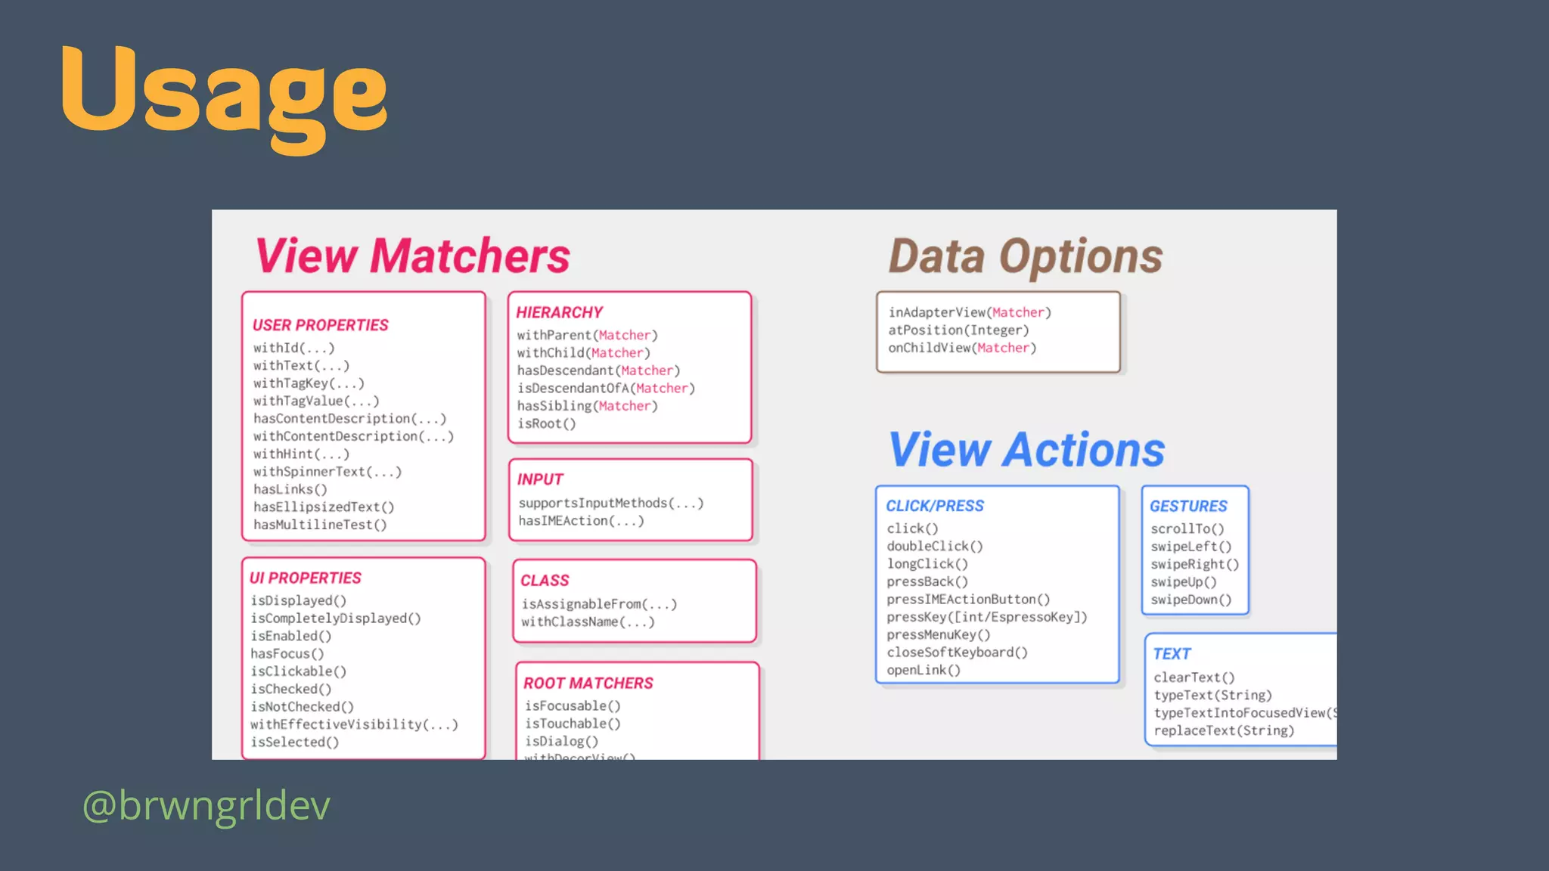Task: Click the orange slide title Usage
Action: pyautogui.click(x=224, y=92)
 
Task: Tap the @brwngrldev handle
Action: pyautogui.click(x=206, y=805)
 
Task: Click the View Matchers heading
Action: pyautogui.click(x=413, y=256)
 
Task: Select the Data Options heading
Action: pyautogui.click(x=1025, y=256)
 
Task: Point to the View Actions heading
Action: pyautogui.click(x=1026, y=450)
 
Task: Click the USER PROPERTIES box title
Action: pyautogui.click(x=320, y=325)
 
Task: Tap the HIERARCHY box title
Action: pyautogui.click(x=559, y=312)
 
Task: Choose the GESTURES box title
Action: pyautogui.click(x=1188, y=506)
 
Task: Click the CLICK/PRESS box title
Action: pyautogui.click(x=935, y=506)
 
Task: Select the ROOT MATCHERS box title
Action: pyautogui.click(x=588, y=683)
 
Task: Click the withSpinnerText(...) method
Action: pyautogui.click(x=327, y=472)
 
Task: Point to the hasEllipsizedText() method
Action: pyautogui.click(x=324, y=507)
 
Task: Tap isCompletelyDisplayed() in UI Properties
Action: pyautogui.click(x=336, y=618)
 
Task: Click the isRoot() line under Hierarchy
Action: pyautogui.click(x=546, y=424)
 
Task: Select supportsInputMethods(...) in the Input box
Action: pyautogui.click(x=611, y=504)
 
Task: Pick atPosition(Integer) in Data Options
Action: pyautogui.click(x=958, y=330)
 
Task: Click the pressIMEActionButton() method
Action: pyautogui.click(x=968, y=600)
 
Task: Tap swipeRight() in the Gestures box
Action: pyautogui.click(x=1195, y=565)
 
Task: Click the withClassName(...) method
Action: pyautogui.click(x=588, y=622)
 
